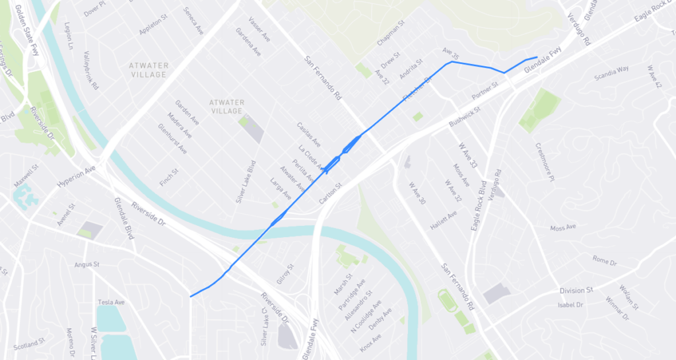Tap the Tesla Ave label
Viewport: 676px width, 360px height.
[x=111, y=303]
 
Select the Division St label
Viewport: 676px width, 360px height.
[x=576, y=290]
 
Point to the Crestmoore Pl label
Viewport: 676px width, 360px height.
[x=545, y=161]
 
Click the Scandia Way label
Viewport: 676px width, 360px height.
[x=611, y=68]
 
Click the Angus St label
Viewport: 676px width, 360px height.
[x=86, y=264]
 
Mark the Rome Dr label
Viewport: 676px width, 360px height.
[x=604, y=262]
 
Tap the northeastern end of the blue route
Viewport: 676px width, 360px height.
[x=537, y=57]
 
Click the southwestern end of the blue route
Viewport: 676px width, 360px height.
[x=190, y=297]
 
